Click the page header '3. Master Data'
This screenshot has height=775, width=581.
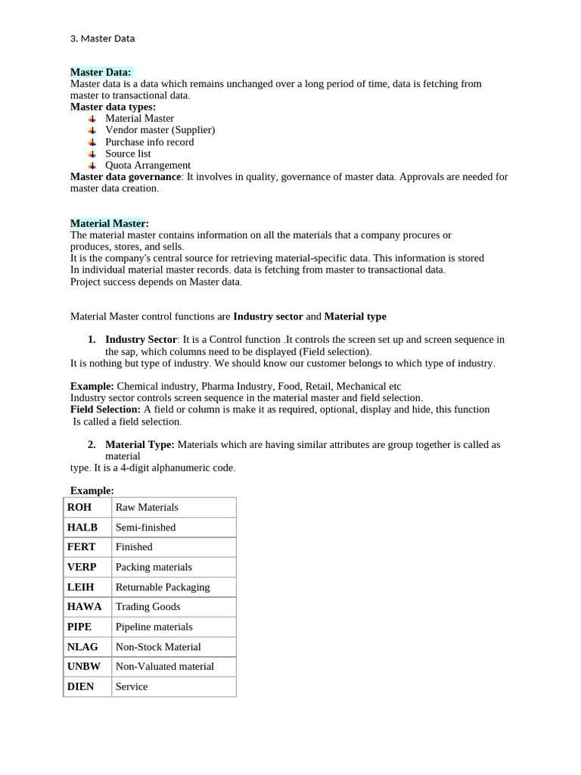102,39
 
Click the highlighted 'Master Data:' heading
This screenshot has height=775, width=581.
101,72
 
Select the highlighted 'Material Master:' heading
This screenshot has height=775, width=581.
109,223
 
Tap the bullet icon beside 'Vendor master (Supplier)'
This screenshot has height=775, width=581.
92,130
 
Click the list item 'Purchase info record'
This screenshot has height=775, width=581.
149,142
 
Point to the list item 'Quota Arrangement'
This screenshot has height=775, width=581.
148,165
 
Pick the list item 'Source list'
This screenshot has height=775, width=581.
128,154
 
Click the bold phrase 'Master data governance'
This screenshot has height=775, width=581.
126,177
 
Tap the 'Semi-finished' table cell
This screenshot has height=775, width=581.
145,528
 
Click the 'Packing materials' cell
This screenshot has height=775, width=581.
154,567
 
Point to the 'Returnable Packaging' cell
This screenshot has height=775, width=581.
163,587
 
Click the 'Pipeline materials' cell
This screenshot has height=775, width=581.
154,627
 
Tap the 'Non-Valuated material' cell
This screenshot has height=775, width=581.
164,667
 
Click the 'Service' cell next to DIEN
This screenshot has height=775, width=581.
132,687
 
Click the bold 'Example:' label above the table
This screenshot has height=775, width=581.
92,490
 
